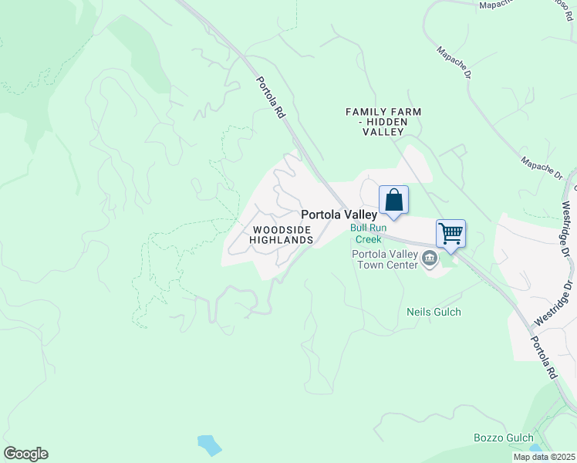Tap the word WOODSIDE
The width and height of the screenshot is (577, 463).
pos(282,230)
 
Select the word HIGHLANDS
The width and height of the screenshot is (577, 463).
pos(282,240)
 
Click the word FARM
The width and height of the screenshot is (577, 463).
pos(409,112)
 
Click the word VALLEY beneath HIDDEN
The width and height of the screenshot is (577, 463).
pos(383,132)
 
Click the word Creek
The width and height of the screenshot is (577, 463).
pos(369,239)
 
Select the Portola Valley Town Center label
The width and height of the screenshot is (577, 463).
pos(384,259)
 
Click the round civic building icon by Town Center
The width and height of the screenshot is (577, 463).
pos(430,262)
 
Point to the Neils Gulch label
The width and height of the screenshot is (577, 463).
pos(434,312)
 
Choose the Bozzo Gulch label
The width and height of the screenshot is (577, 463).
pos(503,438)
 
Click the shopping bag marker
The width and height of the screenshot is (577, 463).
pos(393,201)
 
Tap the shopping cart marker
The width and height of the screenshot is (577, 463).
pos(450,232)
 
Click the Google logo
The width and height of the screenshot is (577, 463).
pos(25,454)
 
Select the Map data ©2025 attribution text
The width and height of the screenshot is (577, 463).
pos(545,457)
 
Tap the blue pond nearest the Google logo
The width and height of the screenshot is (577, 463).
pos(209,444)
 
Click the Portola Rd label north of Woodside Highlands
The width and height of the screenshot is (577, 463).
pos(271,96)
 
